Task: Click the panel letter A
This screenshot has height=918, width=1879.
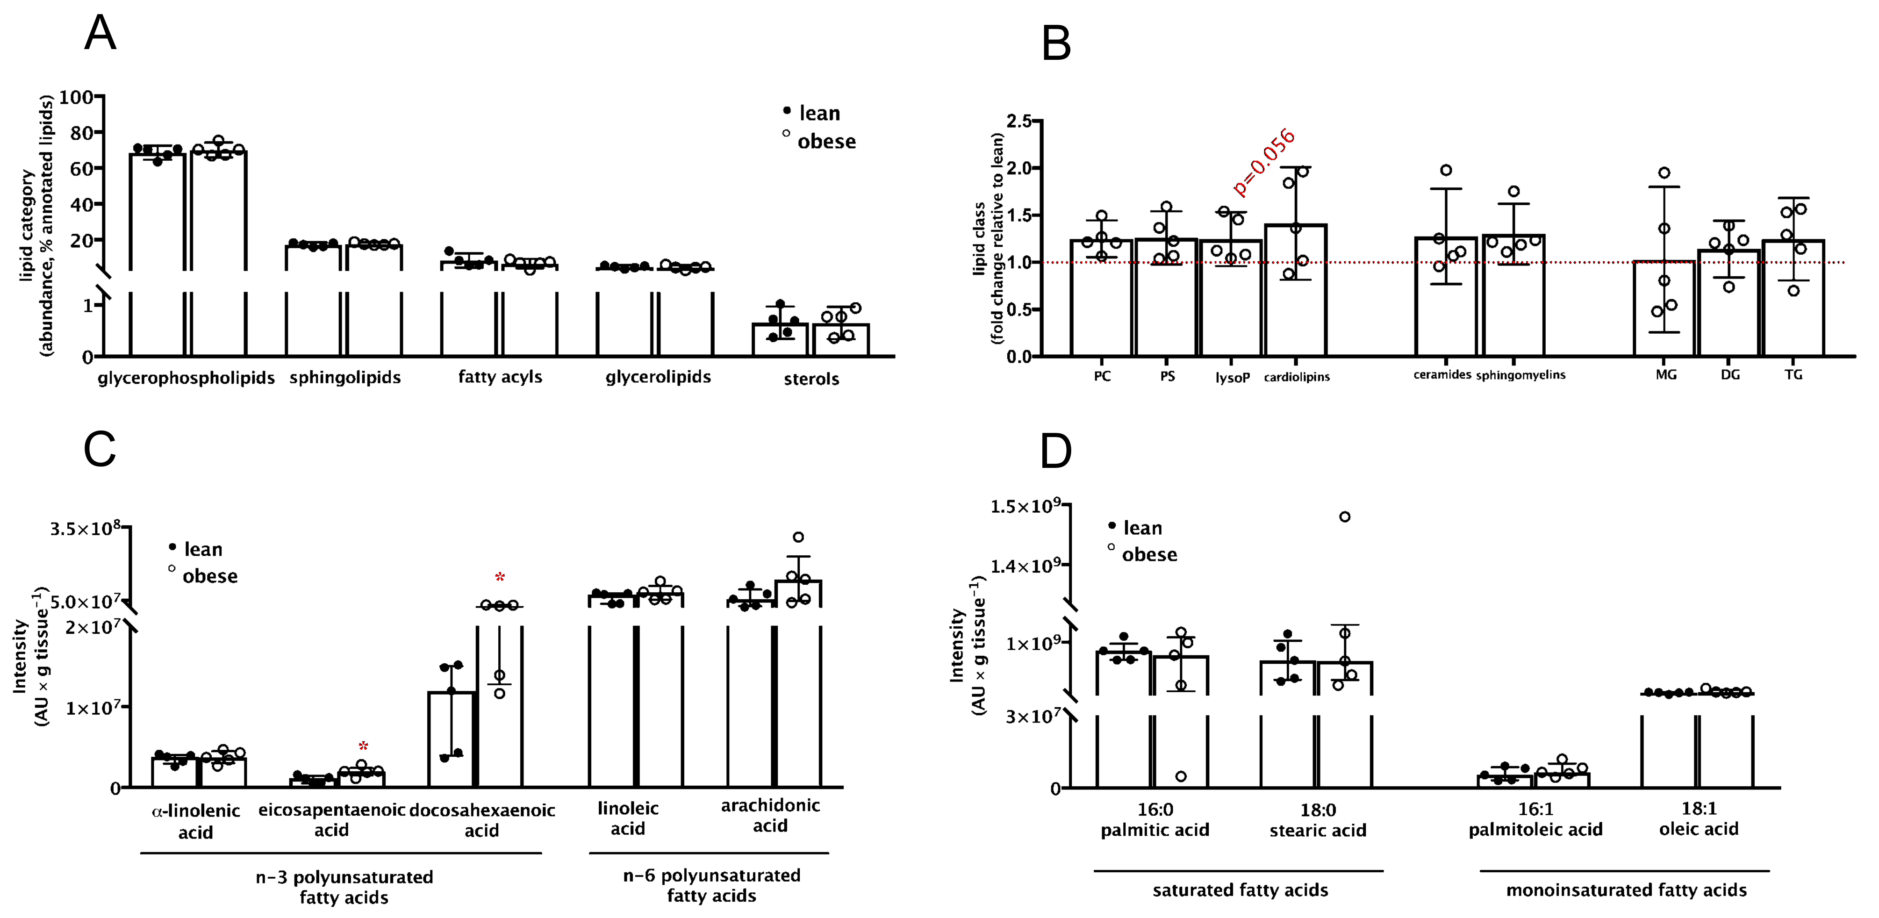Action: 100,34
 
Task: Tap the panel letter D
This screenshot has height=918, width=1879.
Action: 1055,452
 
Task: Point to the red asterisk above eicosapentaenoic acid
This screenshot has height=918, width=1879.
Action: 363,746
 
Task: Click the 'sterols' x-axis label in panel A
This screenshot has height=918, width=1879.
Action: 811,379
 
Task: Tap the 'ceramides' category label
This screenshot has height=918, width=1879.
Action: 1442,375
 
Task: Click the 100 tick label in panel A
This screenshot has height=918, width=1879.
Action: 76,97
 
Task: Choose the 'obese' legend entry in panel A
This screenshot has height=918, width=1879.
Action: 826,142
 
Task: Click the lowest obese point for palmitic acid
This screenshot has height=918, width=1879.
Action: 1180,776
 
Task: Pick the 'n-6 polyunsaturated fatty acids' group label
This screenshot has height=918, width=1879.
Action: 711,885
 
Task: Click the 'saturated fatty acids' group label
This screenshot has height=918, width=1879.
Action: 1240,890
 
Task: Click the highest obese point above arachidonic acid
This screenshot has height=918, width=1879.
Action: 798,538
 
